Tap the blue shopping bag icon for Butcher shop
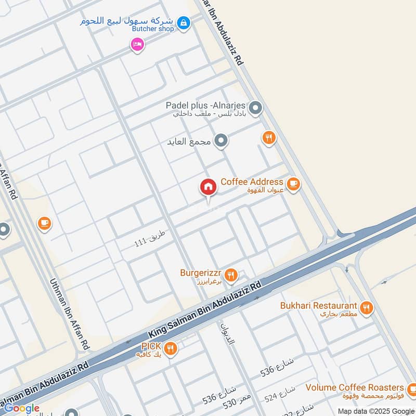pos(183,23)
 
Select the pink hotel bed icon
pos(137,45)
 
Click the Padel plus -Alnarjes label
pos(206,105)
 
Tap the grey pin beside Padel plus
pos(255,109)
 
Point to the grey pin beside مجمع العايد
pos(222,141)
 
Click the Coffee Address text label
pos(252,182)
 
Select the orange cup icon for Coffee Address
pos(293,184)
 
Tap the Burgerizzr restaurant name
pos(202,272)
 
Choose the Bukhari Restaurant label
pos(318,306)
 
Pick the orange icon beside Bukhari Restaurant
pos(367,308)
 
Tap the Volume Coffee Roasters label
pos(355,388)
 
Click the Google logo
pos(22,408)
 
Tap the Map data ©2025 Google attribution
pos(375,411)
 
